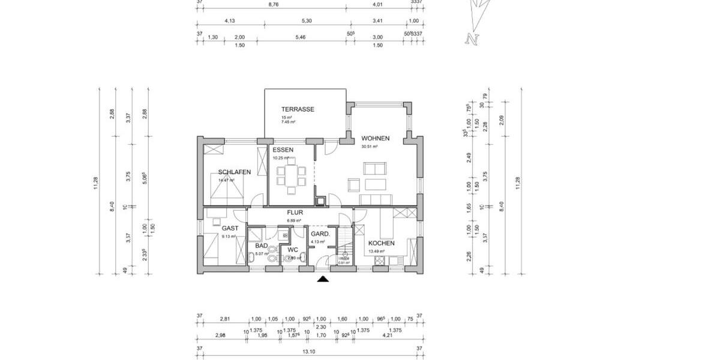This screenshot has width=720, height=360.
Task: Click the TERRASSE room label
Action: pyautogui.click(x=298, y=109)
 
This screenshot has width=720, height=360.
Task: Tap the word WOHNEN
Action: pyautogui.click(x=375, y=139)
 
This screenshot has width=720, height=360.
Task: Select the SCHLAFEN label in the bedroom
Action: pyautogui.click(x=235, y=172)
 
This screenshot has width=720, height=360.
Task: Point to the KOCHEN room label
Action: pyautogui.click(x=382, y=243)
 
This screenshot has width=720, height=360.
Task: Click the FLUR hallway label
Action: pyautogui.click(x=295, y=212)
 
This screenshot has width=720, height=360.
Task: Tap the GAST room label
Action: pyautogui.click(x=230, y=228)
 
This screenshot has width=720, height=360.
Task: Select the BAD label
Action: pyautogui.click(x=261, y=246)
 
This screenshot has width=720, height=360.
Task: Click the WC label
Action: pyautogui.click(x=293, y=250)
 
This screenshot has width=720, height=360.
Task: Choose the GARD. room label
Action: pyautogui.click(x=318, y=233)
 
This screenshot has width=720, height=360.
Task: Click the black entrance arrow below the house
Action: pyautogui.click(x=323, y=279)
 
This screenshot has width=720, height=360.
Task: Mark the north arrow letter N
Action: pyautogui.click(x=472, y=40)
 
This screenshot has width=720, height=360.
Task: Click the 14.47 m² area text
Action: pyautogui.click(x=228, y=179)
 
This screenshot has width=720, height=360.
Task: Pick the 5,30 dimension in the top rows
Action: pyautogui.click(x=307, y=21)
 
